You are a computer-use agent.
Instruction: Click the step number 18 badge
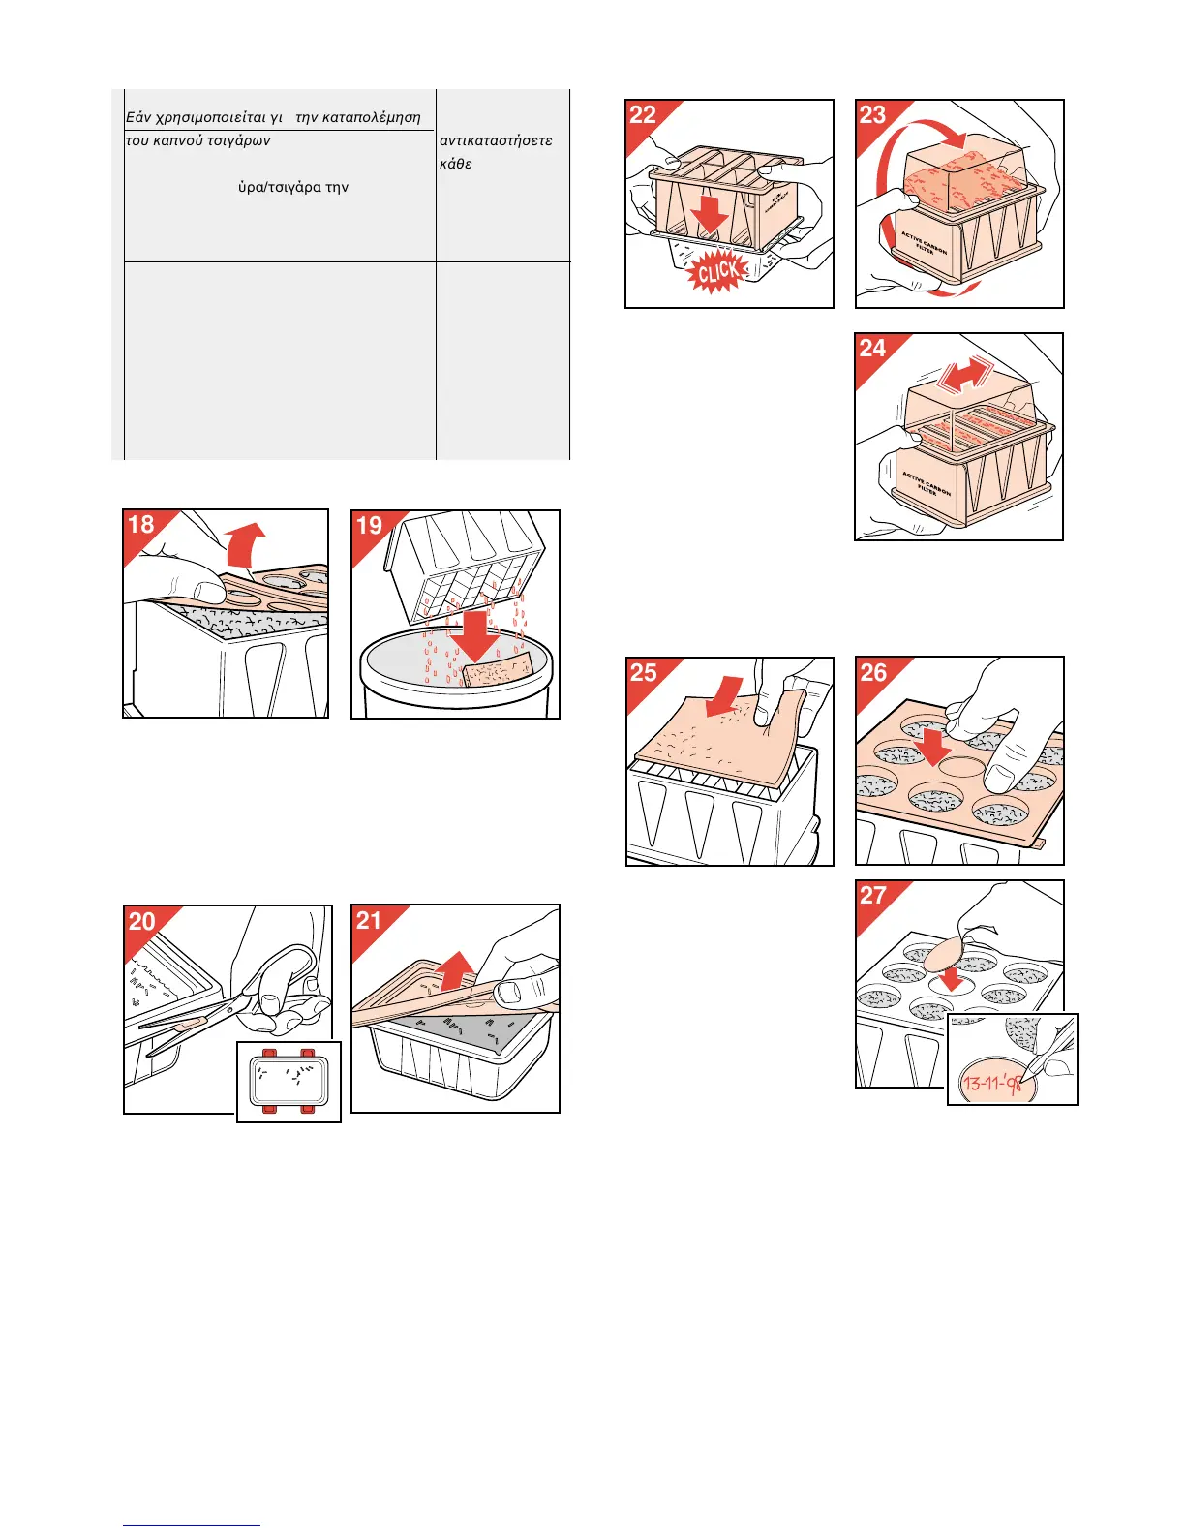(141, 525)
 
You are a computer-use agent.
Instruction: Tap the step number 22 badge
(643, 115)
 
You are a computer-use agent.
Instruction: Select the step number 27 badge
(872, 895)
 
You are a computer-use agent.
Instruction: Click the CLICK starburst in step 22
(717, 272)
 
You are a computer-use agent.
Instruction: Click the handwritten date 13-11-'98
(993, 1083)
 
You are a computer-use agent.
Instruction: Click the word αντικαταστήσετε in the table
(496, 140)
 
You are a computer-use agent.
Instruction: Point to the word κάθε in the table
(455, 164)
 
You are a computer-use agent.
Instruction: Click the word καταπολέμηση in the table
(372, 117)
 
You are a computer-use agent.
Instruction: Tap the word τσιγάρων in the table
(239, 140)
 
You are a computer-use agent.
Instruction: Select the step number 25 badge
(643, 673)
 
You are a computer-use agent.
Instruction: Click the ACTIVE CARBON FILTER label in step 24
(927, 483)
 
